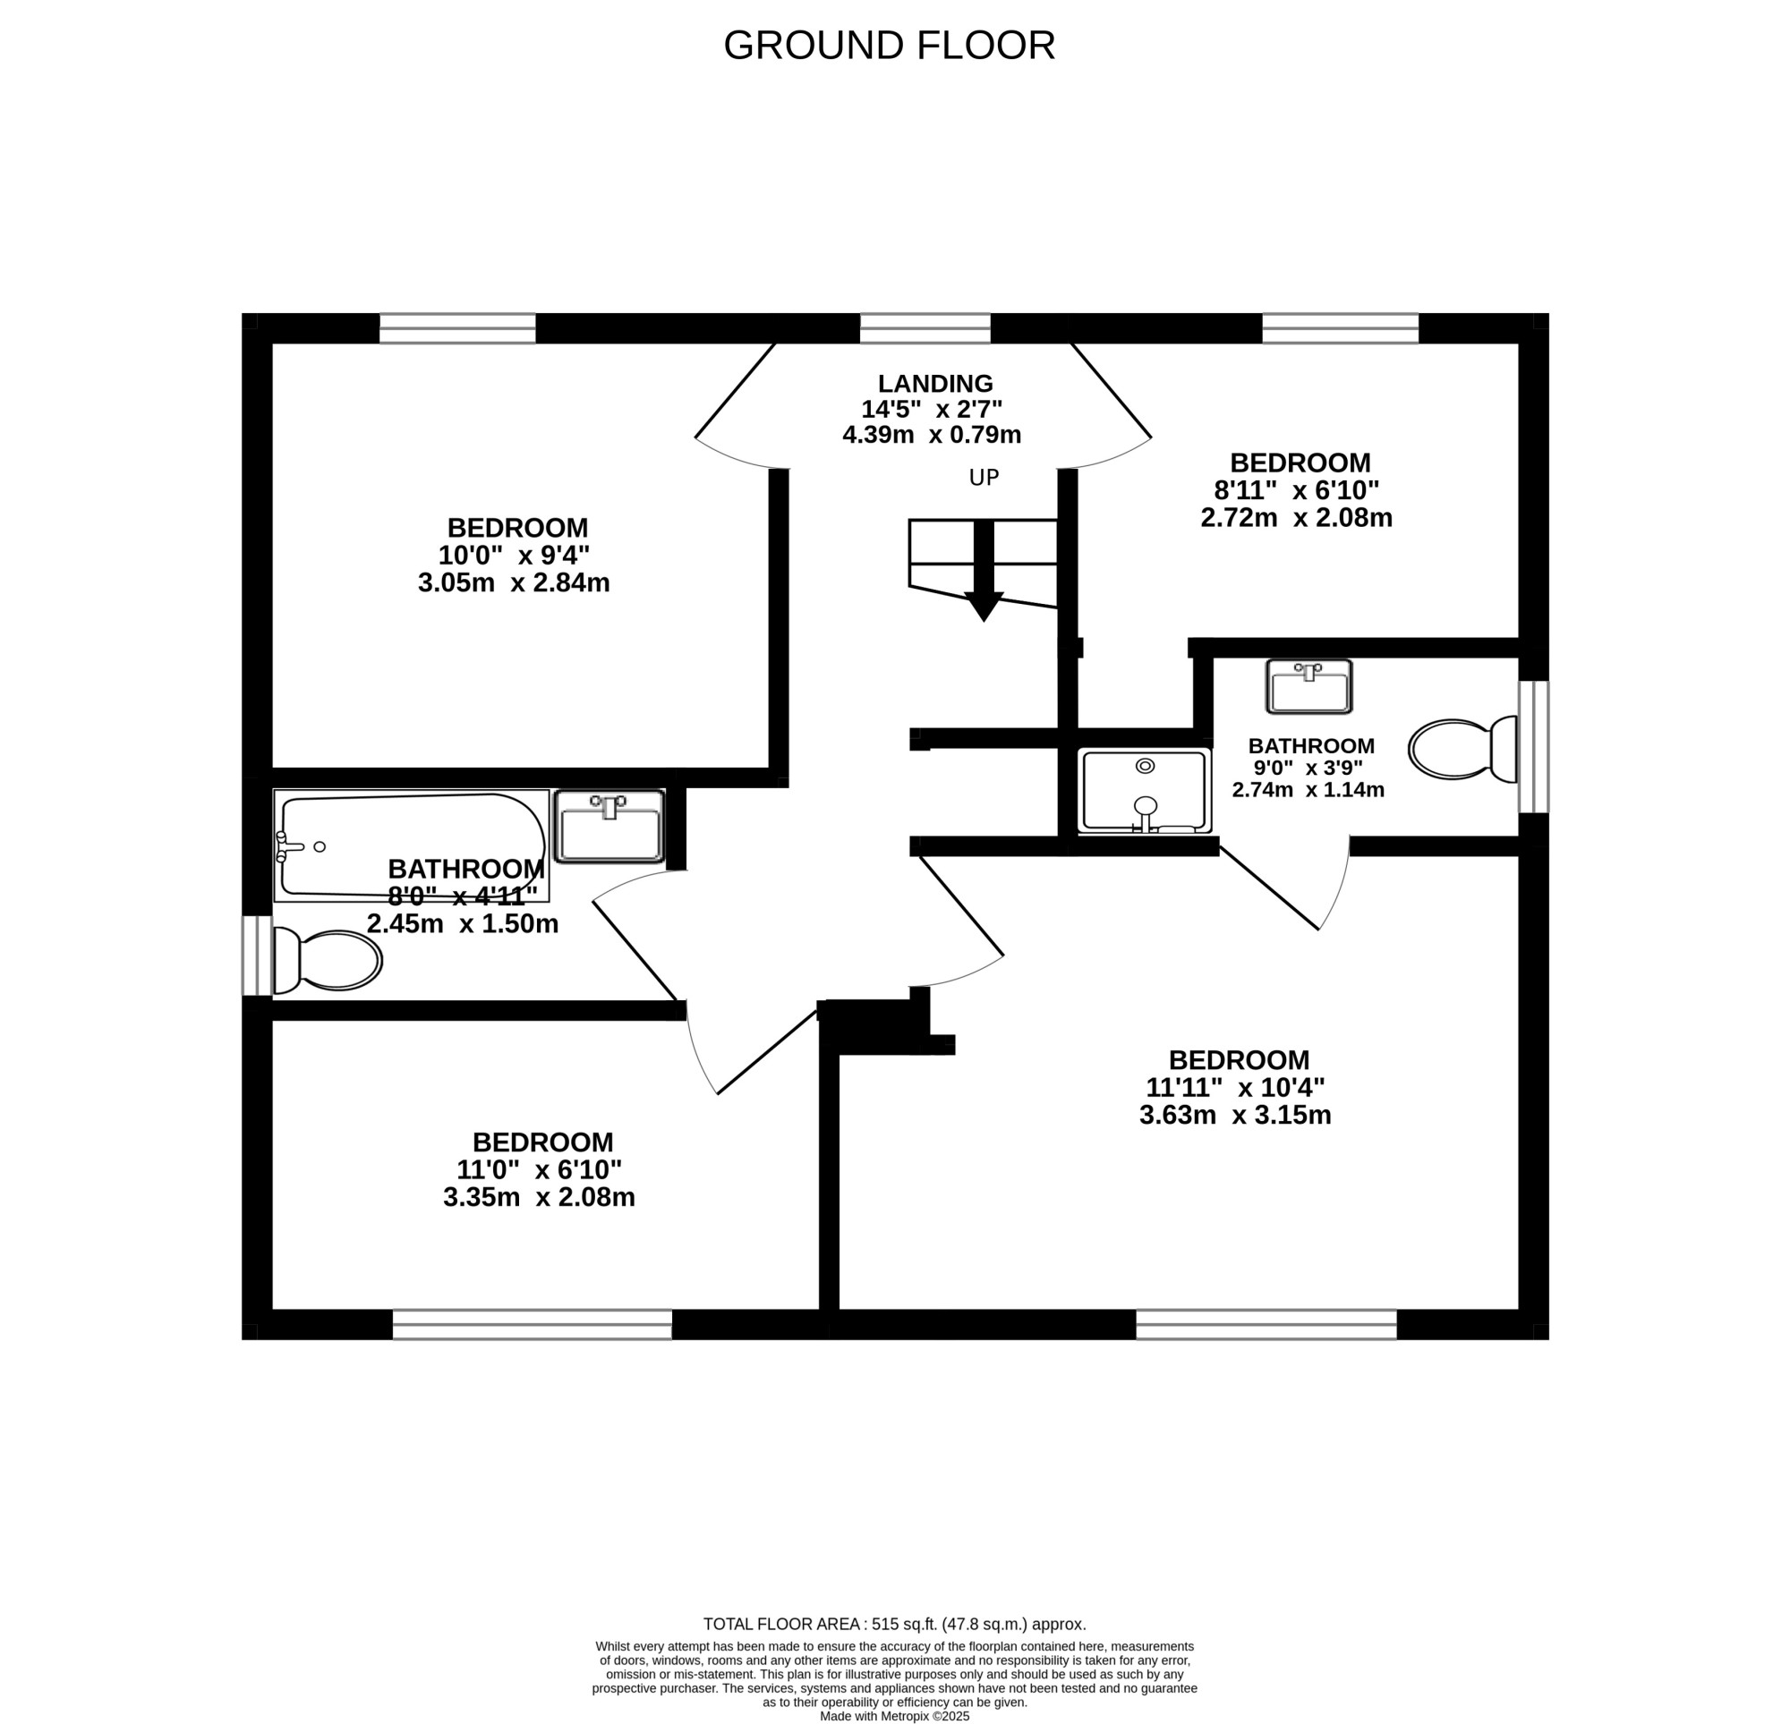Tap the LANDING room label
(935, 384)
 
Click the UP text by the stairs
(984, 478)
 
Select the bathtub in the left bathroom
(411, 845)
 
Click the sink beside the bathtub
(609, 827)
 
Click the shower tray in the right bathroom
(1145, 791)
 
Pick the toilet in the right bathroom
(1462, 750)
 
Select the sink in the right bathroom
(1308, 687)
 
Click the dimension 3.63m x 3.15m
(1235, 1115)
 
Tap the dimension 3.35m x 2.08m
(539, 1197)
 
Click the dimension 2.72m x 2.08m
(1296, 518)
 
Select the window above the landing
(925, 327)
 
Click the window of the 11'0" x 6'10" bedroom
(533, 1325)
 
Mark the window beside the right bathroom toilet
(1534, 747)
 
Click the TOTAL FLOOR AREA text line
(894, 1624)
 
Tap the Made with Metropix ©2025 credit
(894, 1716)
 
